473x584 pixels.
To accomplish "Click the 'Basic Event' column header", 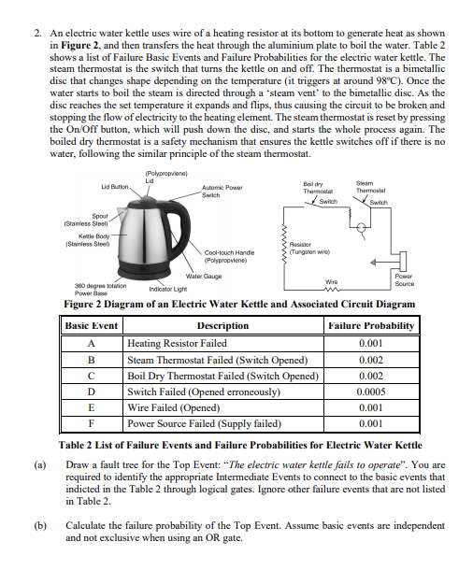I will tap(92, 326).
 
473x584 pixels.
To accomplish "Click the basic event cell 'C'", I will tap(92, 376).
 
